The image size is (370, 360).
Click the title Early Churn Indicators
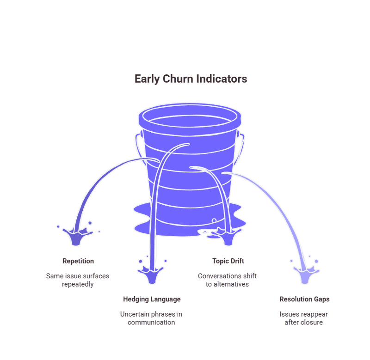coord(191,79)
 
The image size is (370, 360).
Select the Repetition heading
coord(78,261)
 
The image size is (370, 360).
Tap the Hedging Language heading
coord(152,299)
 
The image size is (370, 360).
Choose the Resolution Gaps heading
coord(304,299)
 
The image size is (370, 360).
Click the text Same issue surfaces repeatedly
coord(78,280)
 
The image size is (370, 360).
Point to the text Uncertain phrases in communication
coord(151,318)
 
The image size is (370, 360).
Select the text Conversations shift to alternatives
coord(228,280)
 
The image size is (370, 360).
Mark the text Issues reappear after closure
coord(304,318)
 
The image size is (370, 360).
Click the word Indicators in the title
coord(222,79)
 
